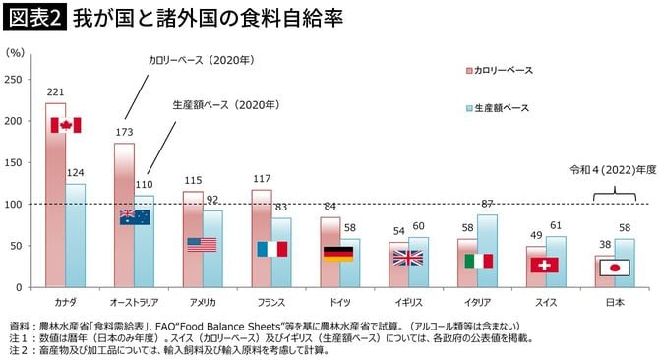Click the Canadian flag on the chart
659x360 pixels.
(65, 125)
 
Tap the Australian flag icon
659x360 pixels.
(134, 217)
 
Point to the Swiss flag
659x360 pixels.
(544, 265)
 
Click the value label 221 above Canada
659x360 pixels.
(55, 91)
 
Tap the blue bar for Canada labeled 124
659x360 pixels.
(75, 235)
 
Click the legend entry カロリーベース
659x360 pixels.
(503, 71)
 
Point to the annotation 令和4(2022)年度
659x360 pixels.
(609, 169)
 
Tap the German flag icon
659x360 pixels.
(337, 254)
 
